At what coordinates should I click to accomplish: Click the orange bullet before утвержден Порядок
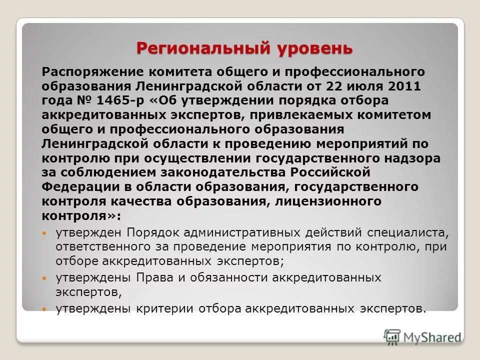coord(44,233)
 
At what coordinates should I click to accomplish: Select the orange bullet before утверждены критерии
coord(44,309)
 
